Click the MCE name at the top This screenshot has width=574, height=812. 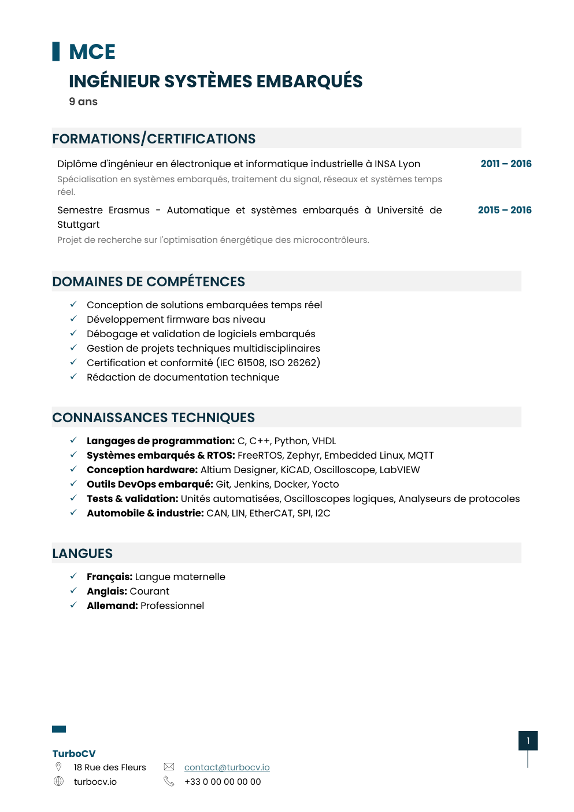point(92,52)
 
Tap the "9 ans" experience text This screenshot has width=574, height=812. point(83,102)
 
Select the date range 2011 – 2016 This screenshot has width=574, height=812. point(506,164)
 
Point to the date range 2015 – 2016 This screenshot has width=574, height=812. point(505,210)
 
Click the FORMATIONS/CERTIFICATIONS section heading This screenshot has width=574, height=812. point(154,139)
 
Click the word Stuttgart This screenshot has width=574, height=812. point(79,224)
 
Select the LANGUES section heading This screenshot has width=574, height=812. point(83,553)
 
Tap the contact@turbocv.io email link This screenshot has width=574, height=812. point(227,767)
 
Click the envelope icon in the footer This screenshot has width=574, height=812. point(169,767)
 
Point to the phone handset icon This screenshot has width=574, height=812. point(169,781)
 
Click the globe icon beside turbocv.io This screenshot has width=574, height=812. point(58,781)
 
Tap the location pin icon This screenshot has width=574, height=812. point(58,767)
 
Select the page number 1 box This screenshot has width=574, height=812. point(528,741)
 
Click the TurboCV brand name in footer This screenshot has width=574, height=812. point(74,754)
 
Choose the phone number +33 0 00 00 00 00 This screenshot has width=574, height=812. point(223,782)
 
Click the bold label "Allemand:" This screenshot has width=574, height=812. point(112,606)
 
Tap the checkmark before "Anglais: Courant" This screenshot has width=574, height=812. point(73,590)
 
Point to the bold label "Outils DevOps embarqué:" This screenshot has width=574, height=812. point(150,484)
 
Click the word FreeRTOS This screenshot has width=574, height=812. point(258,455)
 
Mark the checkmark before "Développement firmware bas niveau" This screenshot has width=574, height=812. point(73,319)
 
